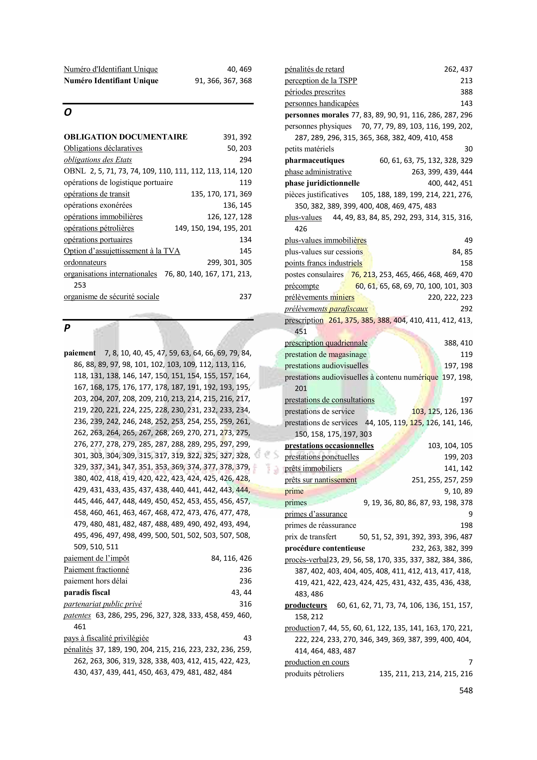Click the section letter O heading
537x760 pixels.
click(x=68, y=113)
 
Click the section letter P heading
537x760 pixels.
click(x=67, y=328)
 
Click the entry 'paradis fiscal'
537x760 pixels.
click(x=87, y=593)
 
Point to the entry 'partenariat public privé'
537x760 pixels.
click(x=103, y=604)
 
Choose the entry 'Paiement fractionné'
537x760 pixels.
click(x=96, y=570)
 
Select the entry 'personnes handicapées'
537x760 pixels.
click(x=322, y=104)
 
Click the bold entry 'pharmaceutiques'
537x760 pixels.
click(x=314, y=160)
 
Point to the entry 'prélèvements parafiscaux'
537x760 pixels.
click(x=326, y=309)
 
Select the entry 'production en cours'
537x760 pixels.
click(x=317, y=662)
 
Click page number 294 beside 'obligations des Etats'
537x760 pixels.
click(x=245, y=160)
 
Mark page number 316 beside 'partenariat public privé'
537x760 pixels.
click(x=245, y=604)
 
